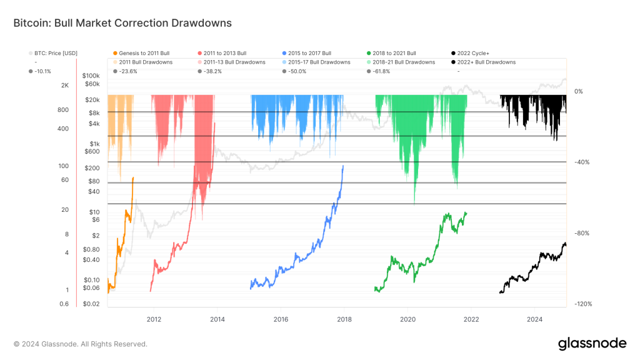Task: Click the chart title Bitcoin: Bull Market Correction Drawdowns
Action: point(122,23)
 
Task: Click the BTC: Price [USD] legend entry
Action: point(56,53)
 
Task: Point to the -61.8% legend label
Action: point(382,71)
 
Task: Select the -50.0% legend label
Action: point(297,71)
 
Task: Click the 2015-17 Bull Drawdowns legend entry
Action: point(319,62)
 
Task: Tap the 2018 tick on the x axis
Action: point(344,318)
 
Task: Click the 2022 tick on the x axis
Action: point(471,318)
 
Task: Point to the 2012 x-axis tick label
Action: point(154,318)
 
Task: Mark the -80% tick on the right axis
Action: point(582,233)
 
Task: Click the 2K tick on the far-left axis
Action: point(64,85)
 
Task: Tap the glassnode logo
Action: point(591,343)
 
